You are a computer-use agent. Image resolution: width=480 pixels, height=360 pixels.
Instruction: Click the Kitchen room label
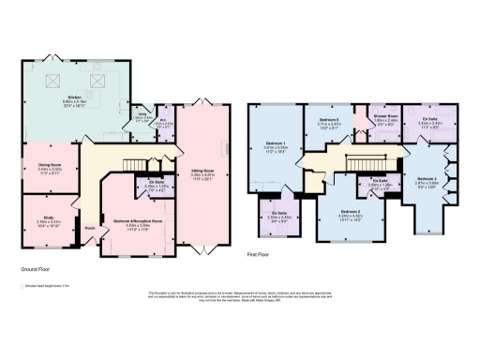pyautogui.click(x=73, y=99)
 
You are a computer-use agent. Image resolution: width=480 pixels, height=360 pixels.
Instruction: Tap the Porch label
pyautogui.click(x=90, y=228)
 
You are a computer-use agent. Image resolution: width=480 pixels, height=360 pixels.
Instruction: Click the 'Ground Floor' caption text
pyautogui.click(x=35, y=267)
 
